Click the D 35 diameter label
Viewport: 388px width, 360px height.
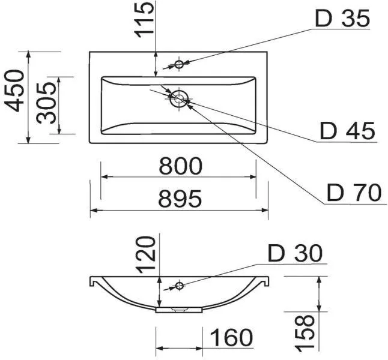pyautogui.click(x=342, y=19)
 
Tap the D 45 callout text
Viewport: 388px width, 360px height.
pyautogui.click(x=347, y=131)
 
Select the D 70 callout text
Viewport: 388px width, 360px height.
pyautogui.click(x=354, y=193)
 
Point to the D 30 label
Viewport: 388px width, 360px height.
pyautogui.click(x=296, y=253)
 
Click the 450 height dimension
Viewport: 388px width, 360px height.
pyautogui.click(x=15, y=91)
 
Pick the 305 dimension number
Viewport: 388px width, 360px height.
pyautogui.click(x=46, y=103)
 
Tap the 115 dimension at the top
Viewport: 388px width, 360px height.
pyautogui.click(x=144, y=20)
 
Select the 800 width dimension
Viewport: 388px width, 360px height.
pyautogui.click(x=180, y=166)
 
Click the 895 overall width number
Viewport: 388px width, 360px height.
pyautogui.click(x=180, y=198)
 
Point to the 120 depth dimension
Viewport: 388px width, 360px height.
pyautogui.click(x=147, y=254)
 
